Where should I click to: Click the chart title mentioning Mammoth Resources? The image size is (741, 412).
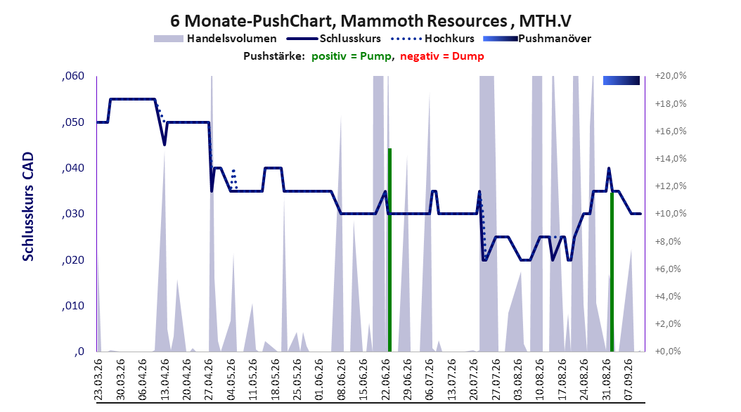coord(370,21)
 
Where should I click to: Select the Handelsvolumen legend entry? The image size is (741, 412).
coord(215,39)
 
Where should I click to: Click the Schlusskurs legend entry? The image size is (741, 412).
coord(334,39)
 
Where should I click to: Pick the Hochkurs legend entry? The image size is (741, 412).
coord(432,39)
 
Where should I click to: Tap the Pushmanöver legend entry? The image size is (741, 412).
coord(537,39)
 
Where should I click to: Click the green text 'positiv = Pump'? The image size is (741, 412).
coord(352,56)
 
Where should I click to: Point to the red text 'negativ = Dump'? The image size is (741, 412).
coord(442,56)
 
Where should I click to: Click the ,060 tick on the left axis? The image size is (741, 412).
coord(73,76)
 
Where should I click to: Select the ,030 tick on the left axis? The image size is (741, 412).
coord(73,214)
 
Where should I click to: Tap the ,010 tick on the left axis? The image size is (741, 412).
coord(73,306)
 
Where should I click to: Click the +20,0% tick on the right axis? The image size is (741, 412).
coord(670,76)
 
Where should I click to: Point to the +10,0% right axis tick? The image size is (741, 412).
coord(670,214)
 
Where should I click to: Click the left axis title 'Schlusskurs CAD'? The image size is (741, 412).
coord(28,207)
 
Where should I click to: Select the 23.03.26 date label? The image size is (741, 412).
coord(98,380)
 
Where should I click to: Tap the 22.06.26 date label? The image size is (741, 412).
coord(386,380)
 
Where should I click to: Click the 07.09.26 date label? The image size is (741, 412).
coord(629,380)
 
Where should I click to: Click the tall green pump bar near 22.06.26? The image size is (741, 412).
coord(390,250)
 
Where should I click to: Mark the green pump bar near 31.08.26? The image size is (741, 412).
coord(612,272)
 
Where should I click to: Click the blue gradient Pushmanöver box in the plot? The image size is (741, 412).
coord(621,81)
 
